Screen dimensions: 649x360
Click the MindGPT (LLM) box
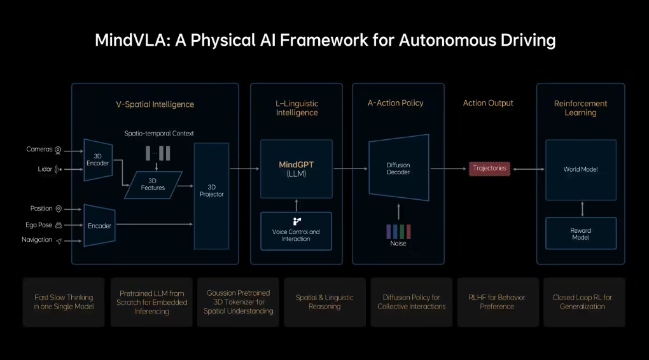(x=297, y=169)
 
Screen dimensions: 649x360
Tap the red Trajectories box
(x=490, y=169)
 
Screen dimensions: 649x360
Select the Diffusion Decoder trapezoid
(x=398, y=167)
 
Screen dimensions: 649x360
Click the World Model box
(x=581, y=170)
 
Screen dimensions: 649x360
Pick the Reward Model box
(x=581, y=233)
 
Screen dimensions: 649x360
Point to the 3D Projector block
(x=211, y=196)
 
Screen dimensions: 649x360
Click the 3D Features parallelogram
(x=153, y=184)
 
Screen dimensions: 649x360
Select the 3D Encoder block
(x=98, y=160)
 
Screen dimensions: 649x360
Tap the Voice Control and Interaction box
(x=296, y=232)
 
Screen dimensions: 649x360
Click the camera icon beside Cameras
(x=58, y=150)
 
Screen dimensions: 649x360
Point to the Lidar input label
(x=45, y=169)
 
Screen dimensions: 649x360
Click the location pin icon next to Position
(x=59, y=209)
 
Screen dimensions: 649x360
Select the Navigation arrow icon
(x=59, y=241)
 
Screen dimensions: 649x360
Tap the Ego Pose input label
(x=39, y=225)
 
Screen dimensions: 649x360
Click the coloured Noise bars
(x=398, y=232)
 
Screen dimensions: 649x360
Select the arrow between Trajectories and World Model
(x=529, y=169)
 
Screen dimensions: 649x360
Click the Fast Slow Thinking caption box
(x=64, y=302)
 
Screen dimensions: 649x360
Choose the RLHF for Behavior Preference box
(x=498, y=302)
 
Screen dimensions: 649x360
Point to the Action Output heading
(x=488, y=103)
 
